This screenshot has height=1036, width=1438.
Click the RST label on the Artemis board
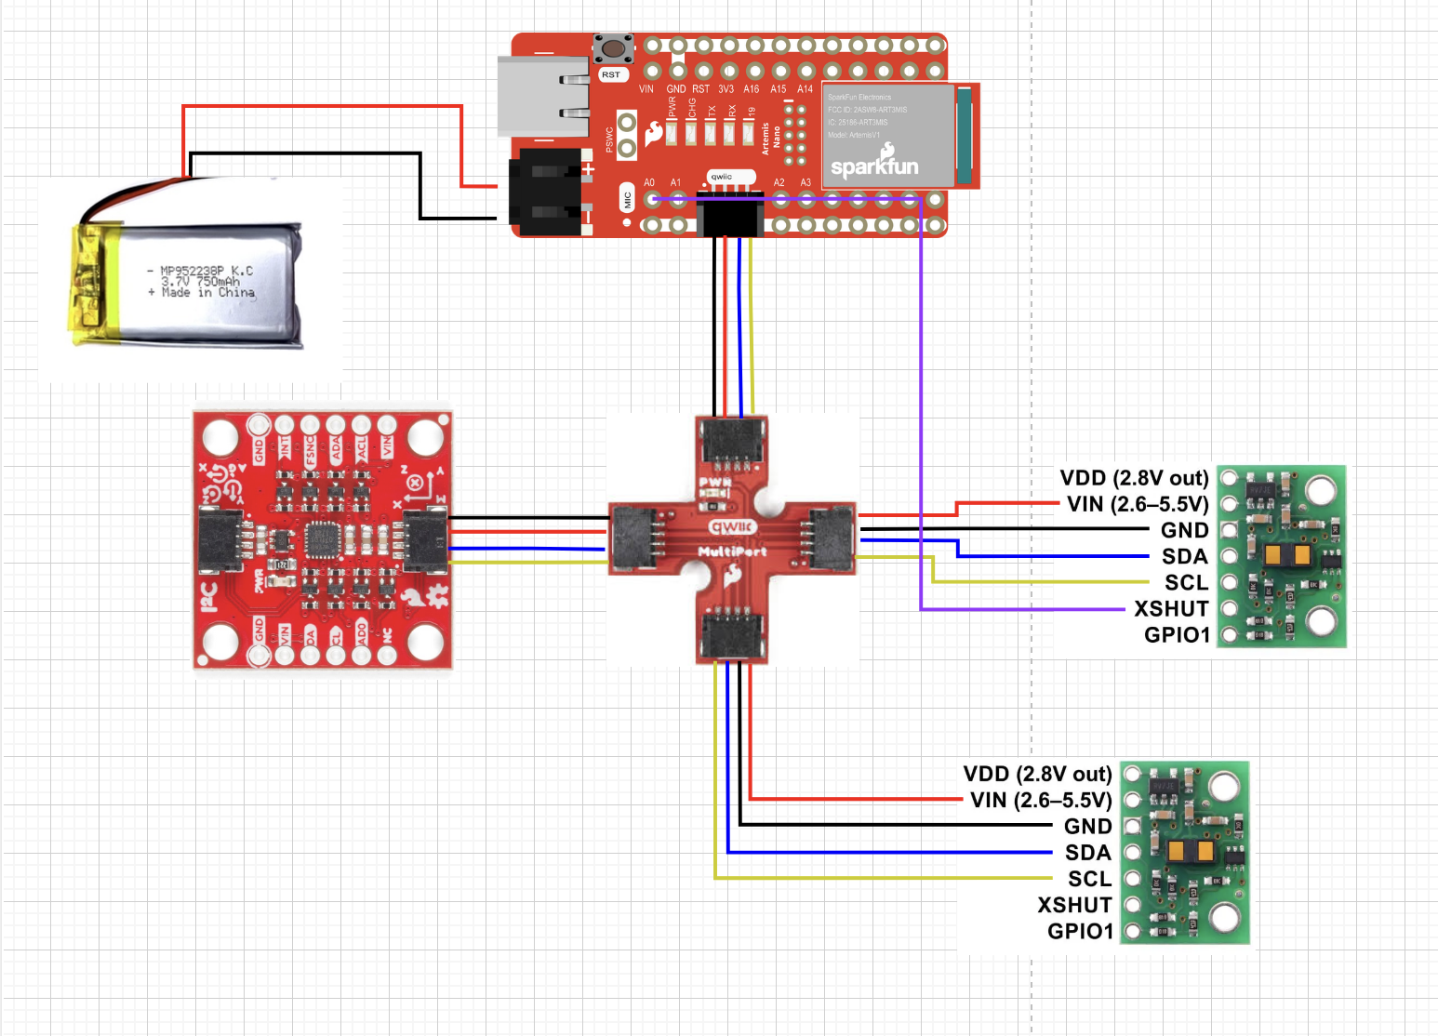tap(610, 74)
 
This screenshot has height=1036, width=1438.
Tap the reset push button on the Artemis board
tap(613, 49)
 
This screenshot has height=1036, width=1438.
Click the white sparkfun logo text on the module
tap(873, 166)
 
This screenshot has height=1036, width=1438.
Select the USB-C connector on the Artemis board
tap(543, 97)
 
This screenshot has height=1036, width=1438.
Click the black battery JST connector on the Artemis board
tap(547, 192)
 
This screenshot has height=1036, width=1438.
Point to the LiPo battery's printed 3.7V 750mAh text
tap(200, 281)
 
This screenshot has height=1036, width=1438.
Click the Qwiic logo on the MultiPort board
tap(732, 527)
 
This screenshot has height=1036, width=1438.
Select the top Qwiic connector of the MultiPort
tap(733, 441)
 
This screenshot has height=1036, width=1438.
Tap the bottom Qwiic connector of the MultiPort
tap(733, 635)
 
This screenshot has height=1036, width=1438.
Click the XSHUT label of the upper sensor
tap(1170, 609)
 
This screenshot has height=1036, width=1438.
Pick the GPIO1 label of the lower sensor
tap(1080, 932)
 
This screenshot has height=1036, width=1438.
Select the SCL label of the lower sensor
tap(1089, 879)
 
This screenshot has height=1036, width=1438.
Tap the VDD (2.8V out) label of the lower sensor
tap(1037, 775)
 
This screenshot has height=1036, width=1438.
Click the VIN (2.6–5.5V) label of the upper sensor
tap(1137, 504)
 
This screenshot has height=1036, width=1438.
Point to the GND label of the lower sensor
tap(1087, 827)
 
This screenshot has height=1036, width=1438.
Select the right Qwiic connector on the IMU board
tap(425, 539)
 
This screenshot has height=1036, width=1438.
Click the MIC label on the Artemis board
tap(627, 199)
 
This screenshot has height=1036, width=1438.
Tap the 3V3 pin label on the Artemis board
tap(726, 89)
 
